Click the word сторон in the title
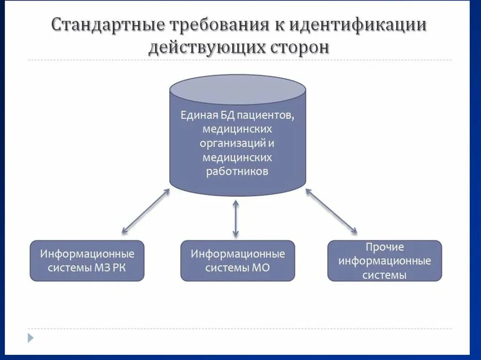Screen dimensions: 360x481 click(299, 48)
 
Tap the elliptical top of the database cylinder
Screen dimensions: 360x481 click(238, 89)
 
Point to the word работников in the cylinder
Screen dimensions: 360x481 click(237, 171)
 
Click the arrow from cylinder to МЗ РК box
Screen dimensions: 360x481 click(146, 211)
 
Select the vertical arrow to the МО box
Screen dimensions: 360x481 click(236, 218)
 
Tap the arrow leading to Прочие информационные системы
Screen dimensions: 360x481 click(331, 211)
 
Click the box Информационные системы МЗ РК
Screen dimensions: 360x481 click(87, 261)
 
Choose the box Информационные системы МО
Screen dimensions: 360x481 click(238, 261)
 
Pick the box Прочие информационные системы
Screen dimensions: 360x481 click(384, 261)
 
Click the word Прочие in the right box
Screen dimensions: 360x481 click(384, 247)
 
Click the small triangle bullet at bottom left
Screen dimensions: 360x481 click(31, 337)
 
